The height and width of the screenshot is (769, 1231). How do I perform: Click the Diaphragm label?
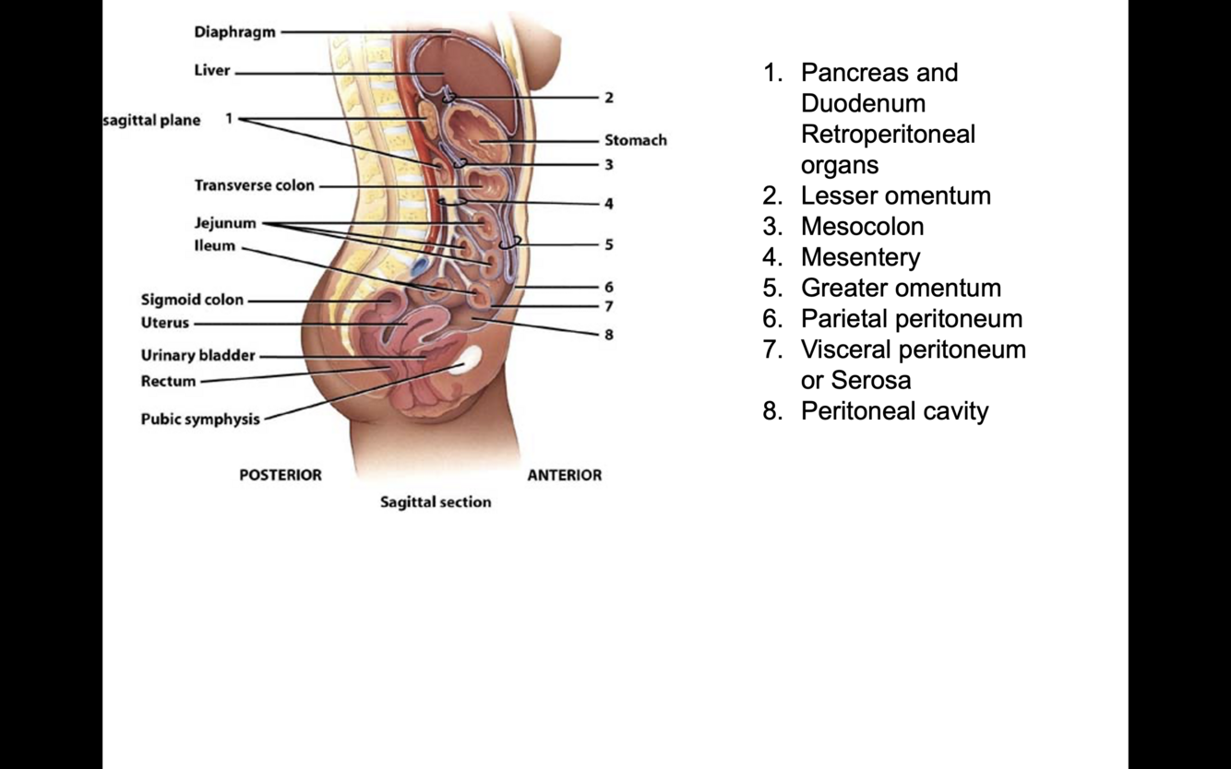coord(234,32)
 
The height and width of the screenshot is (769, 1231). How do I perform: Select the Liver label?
coord(212,71)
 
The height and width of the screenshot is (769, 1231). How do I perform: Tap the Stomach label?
coord(635,140)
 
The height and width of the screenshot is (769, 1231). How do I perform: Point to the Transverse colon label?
coord(254,185)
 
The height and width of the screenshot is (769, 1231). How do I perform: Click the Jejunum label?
coord(225,223)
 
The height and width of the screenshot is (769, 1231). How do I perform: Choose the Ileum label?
coord(215,246)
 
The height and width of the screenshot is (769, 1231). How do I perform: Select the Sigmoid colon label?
coord(192,300)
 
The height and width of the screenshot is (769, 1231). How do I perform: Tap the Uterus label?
coord(164,323)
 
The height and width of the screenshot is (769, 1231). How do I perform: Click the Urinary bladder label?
coord(197,355)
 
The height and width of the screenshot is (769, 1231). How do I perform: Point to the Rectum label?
coord(168,381)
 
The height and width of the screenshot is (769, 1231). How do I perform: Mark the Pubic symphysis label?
coord(200,419)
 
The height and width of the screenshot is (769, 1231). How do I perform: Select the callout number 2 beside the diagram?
coord(609,97)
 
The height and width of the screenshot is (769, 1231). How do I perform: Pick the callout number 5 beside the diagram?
coord(609,245)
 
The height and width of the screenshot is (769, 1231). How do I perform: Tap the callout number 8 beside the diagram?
coord(609,335)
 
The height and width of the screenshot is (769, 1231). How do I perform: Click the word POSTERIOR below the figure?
coord(281,475)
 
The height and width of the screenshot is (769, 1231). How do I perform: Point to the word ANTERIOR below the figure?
coord(564,475)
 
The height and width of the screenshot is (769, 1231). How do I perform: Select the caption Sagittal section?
coord(436,503)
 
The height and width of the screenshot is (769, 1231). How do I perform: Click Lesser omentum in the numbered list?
coord(895,195)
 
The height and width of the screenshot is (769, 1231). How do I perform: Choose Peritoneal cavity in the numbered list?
coord(894,411)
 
